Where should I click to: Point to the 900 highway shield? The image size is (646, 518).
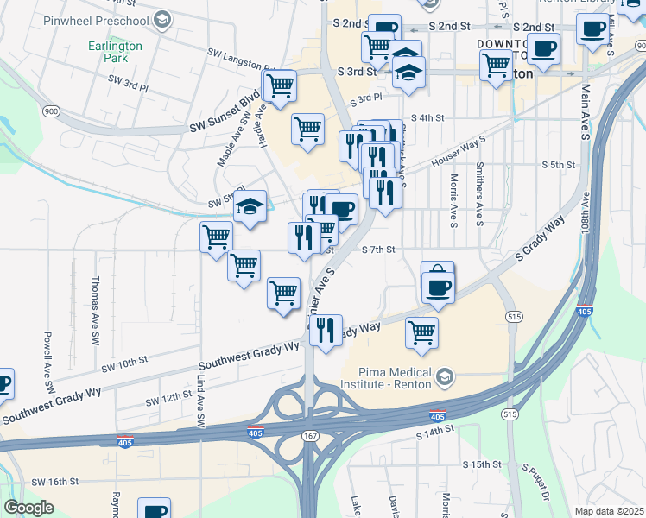click(50, 111)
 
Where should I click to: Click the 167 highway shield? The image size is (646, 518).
click(310, 437)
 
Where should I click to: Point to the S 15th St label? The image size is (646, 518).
click(481, 464)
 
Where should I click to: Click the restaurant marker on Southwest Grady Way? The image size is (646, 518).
click(326, 331)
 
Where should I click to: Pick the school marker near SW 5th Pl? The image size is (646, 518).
click(250, 207)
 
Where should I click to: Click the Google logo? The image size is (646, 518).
click(28, 507)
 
